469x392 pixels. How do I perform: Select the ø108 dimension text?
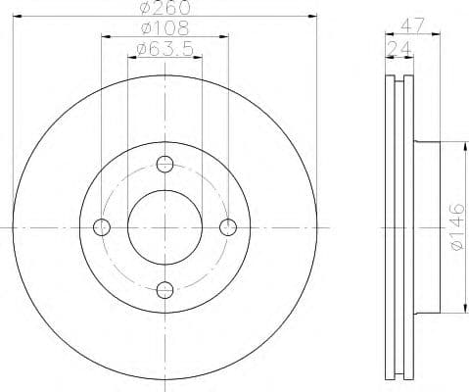[164, 29]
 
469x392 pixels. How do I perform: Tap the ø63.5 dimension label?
[164, 48]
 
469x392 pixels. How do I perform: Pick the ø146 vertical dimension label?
[454, 226]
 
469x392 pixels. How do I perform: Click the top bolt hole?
[164, 164]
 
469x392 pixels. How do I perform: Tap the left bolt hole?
[102, 226]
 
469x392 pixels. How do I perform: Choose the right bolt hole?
[227, 226]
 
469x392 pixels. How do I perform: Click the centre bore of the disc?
[164, 226]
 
